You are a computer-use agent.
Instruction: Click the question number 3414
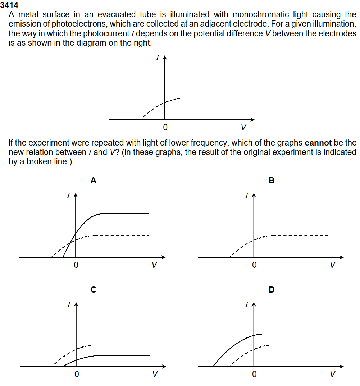(9, 5)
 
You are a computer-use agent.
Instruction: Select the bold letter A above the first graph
(93, 181)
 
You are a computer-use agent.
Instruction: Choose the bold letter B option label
(272, 181)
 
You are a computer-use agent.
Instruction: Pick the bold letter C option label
(93, 290)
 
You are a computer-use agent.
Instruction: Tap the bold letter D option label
(272, 290)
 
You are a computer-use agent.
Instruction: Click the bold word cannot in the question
(318, 143)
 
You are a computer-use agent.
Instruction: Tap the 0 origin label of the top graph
(165, 127)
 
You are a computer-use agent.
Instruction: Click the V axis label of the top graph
(243, 127)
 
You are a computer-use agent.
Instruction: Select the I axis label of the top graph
(157, 58)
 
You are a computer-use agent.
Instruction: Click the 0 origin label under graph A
(76, 266)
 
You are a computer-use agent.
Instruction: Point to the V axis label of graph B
(333, 266)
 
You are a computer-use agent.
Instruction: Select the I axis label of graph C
(68, 305)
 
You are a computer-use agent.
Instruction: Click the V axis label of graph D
(333, 374)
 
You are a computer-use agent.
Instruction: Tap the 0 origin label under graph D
(254, 374)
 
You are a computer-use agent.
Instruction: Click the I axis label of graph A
(68, 196)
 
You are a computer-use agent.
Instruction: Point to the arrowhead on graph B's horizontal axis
(342, 257)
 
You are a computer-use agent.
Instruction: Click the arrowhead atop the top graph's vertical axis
(165, 57)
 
